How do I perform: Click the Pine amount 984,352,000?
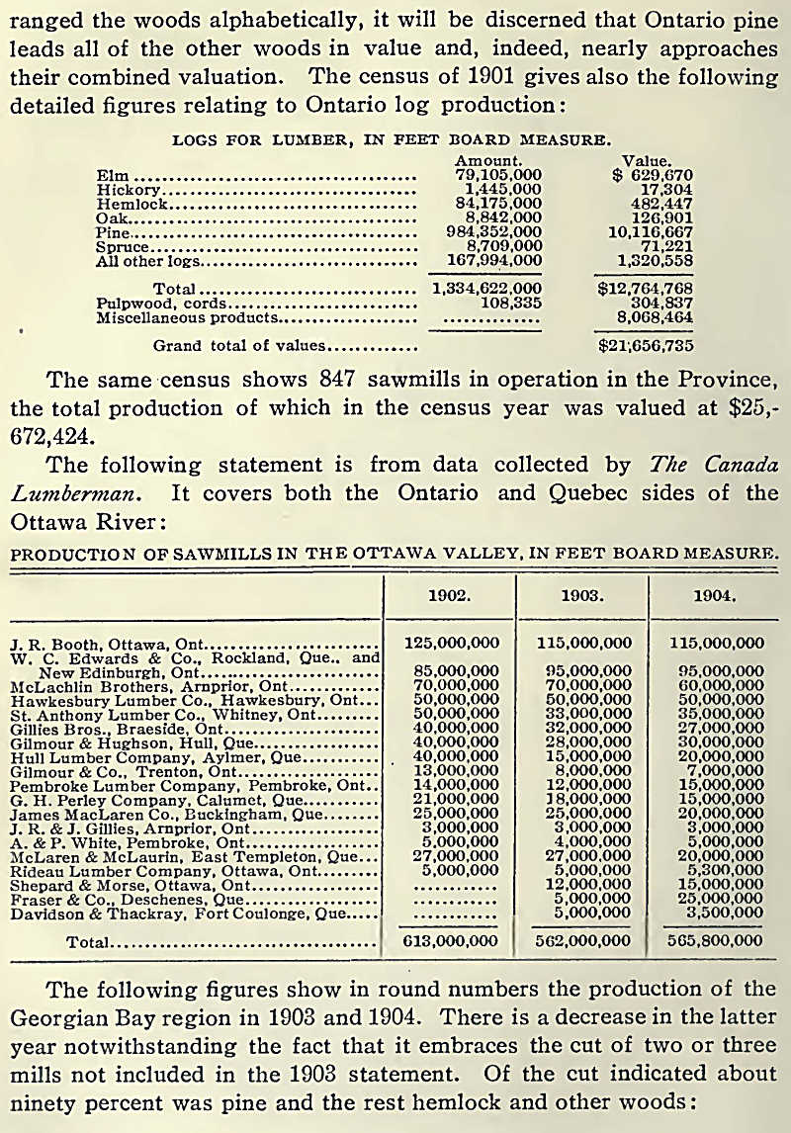(488, 232)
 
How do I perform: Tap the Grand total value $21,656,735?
(646, 346)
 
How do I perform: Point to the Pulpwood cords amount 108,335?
(508, 304)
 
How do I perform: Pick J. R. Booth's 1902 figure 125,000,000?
(453, 643)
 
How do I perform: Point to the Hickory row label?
(128, 190)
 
